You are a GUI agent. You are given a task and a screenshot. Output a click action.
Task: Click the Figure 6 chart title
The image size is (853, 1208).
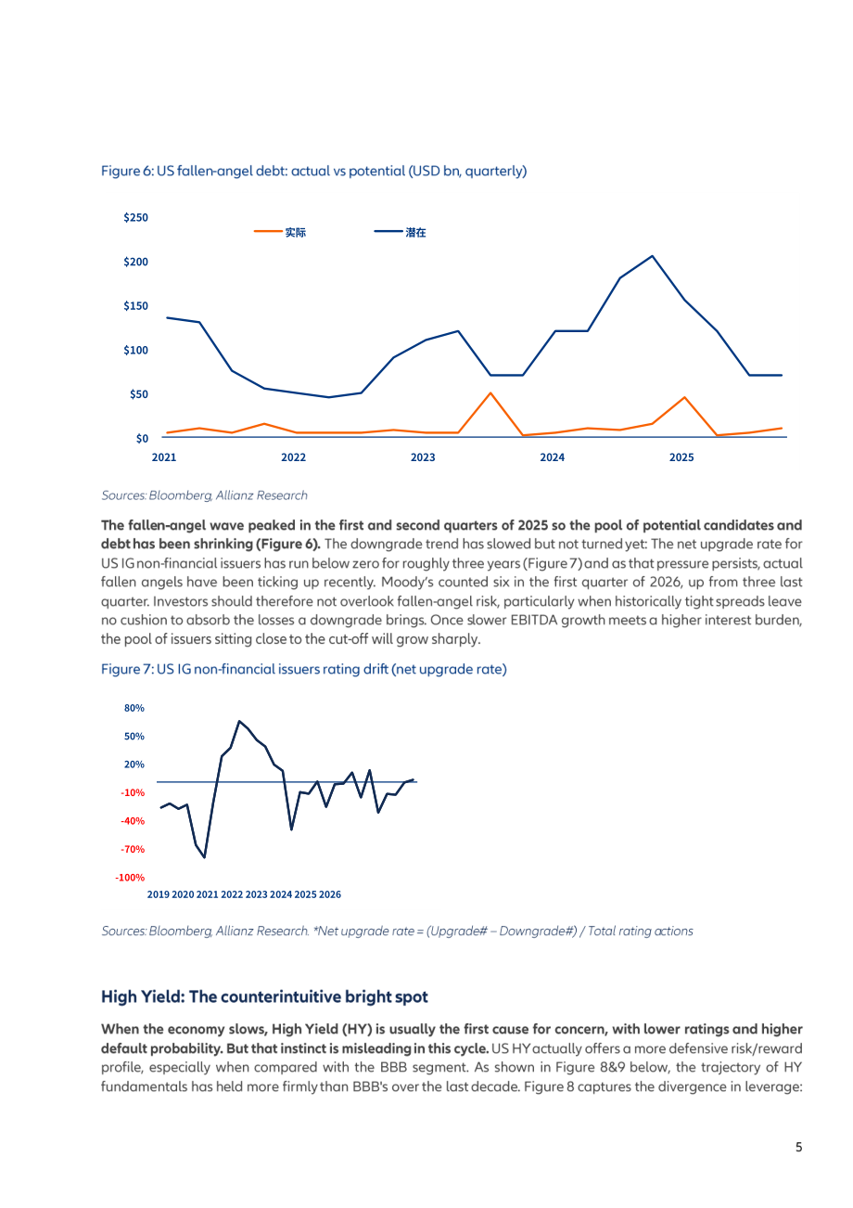(x=313, y=171)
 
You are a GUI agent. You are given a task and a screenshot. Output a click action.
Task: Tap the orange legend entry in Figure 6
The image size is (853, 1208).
(x=280, y=233)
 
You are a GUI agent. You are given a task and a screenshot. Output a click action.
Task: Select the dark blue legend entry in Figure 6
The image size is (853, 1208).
(x=400, y=233)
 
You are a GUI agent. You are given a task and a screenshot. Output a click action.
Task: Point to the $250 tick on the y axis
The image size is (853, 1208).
(x=135, y=217)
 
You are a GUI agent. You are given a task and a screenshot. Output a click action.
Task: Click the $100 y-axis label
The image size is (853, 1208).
(x=135, y=350)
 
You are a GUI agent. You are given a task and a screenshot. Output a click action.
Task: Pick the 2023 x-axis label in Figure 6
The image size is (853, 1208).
(x=423, y=457)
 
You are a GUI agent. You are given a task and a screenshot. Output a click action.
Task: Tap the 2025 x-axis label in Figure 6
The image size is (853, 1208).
(x=681, y=457)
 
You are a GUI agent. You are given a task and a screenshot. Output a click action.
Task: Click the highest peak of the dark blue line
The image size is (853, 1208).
(x=652, y=256)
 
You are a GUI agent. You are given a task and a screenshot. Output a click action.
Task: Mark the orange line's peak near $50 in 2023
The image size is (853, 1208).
(x=490, y=392)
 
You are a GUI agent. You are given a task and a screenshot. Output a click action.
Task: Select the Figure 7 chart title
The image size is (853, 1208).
(x=304, y=669)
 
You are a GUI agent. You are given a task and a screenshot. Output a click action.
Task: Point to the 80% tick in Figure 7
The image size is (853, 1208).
(x=134, y=708)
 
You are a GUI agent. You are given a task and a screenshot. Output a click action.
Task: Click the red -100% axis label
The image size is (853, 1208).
(x=130, y=878)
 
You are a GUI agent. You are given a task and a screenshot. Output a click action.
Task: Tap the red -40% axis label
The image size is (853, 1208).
(x=133, y=821)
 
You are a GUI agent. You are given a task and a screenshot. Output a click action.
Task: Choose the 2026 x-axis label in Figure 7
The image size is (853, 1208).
(x=330, y=894)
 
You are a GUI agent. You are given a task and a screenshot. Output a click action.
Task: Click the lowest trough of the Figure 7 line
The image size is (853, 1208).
(x=204, y=857)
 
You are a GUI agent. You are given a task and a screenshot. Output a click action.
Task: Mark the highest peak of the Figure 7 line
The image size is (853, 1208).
(x=239, y=721)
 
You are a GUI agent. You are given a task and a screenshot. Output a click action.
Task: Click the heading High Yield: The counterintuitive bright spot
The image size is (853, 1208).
(x=264, y=996)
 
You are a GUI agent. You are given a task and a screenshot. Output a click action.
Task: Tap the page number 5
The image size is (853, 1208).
(x=798, y=1147)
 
